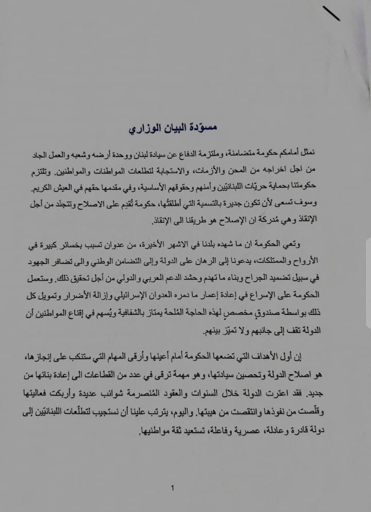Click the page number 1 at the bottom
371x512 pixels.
(174, 488)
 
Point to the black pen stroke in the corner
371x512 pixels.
(330, 12)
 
